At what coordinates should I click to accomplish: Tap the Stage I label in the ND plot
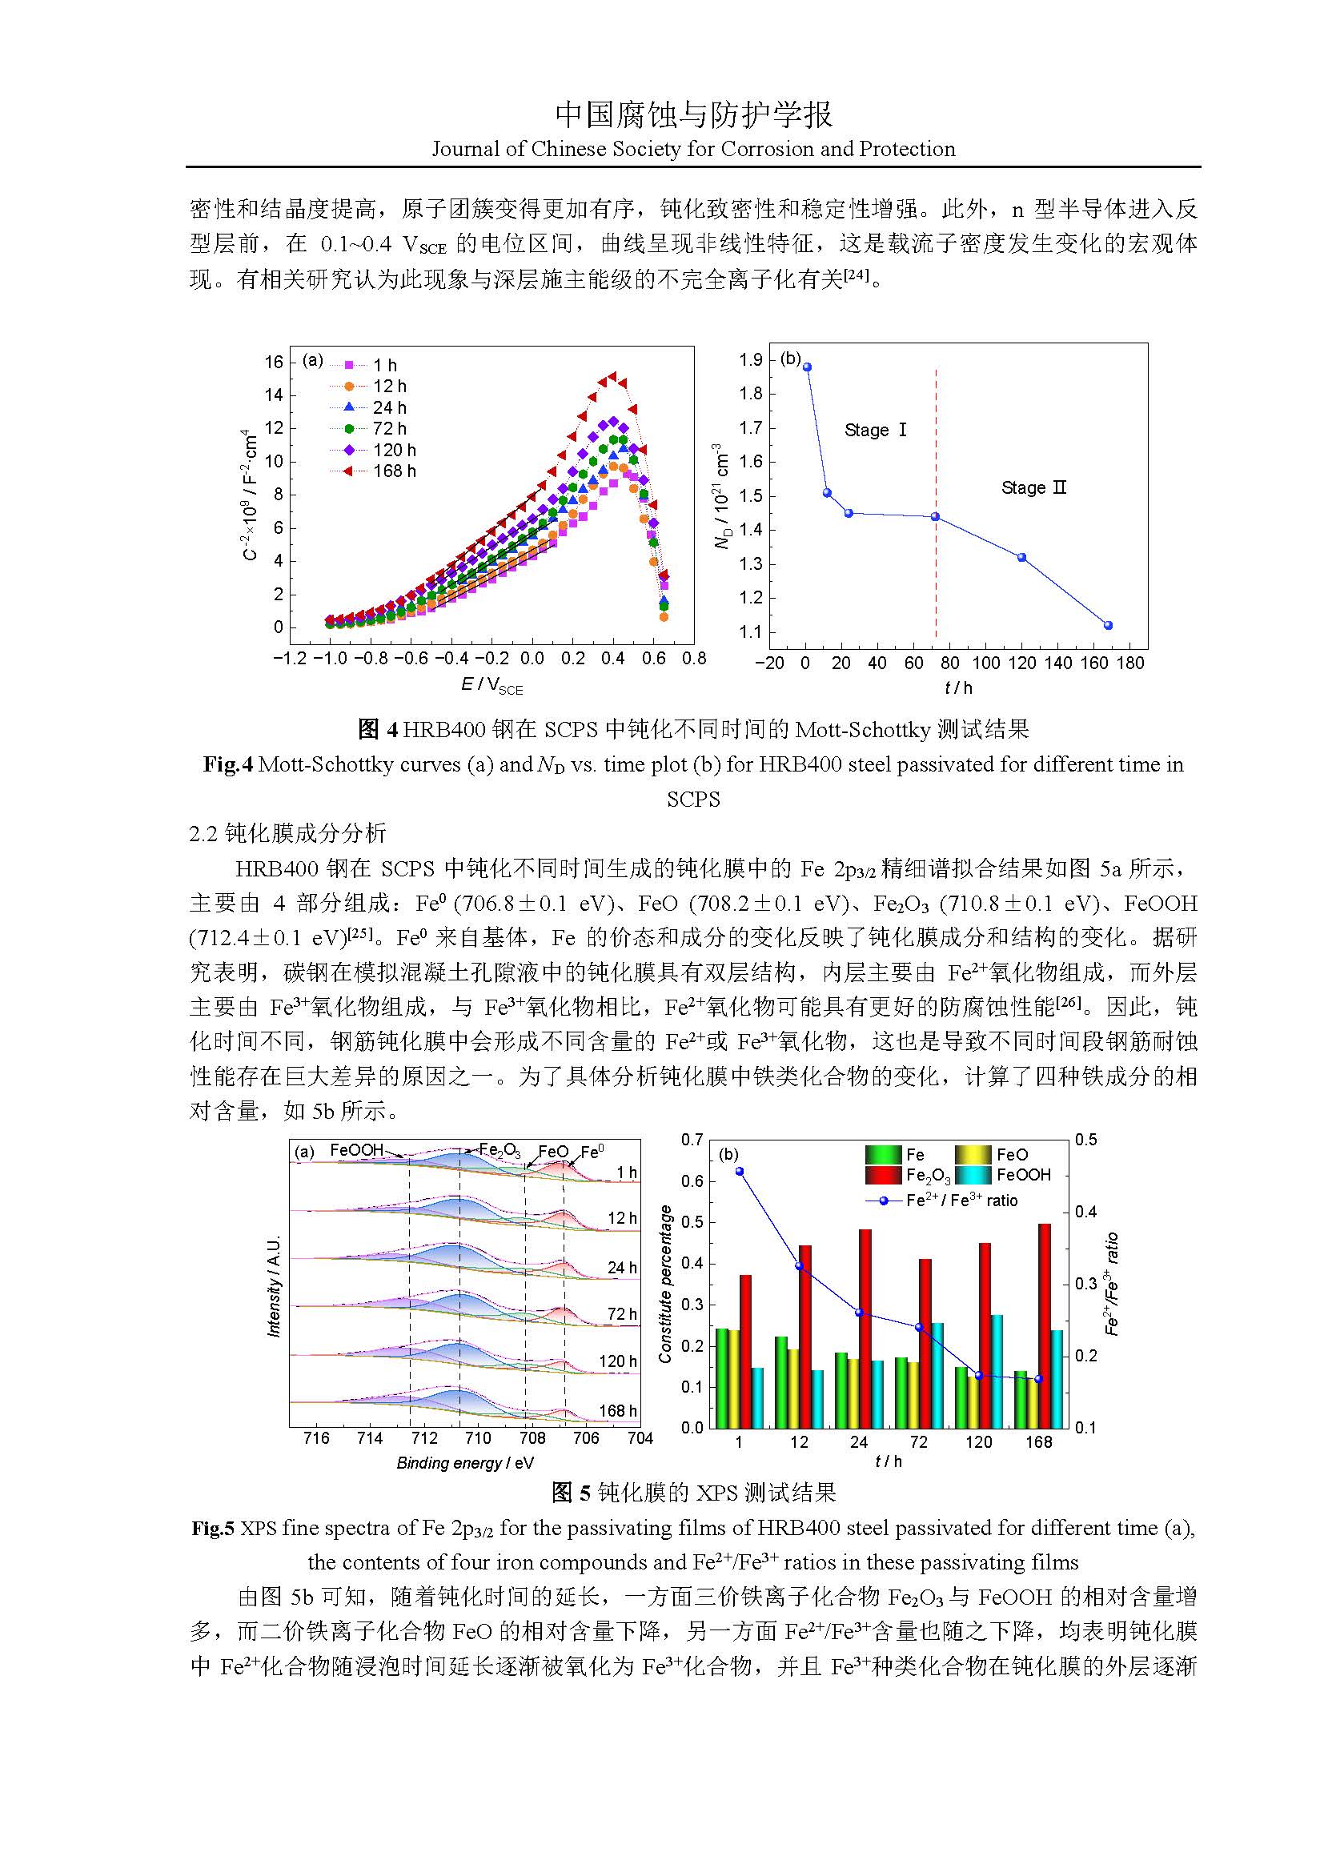pyautogui.click(x=876, y=430)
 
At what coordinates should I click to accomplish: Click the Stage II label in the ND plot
pyautogui.click(x=1033, y=487)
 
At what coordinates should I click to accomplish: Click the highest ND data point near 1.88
pyautogui.click(x=807, y=367)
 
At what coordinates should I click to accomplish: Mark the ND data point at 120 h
pyautogui.click(x=1021, y=557)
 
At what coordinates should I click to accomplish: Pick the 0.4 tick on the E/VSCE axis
pyautogui.click(x=613, y=659)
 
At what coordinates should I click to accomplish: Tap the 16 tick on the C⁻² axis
pyautogui.click(x=274, y=362)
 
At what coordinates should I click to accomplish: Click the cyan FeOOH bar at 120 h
pyautogui.click(x=997, y=1372)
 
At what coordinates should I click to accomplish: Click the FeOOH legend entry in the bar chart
pyautogui.click(x=1023, y=1175)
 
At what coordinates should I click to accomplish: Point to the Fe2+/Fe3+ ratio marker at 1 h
pyautogui.click(x=740, y=1171)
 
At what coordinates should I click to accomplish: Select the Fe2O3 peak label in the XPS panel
pyautogui.click(x=499, y=1150)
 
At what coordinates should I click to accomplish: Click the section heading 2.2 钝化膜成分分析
pyautogui.click(x=287, y=833)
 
